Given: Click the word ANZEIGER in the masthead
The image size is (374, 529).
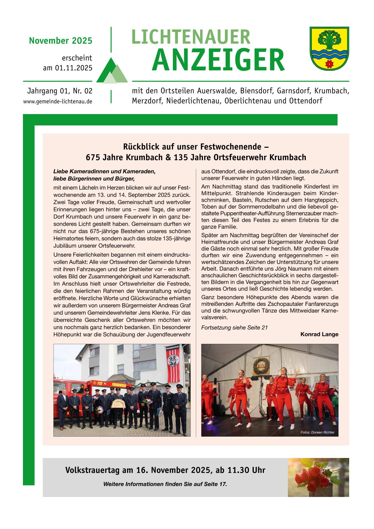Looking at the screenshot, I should tap(218, 61).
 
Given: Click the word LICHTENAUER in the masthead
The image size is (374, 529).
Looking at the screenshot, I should tap(191, 37).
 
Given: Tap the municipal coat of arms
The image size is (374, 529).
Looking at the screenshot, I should tap(329, 48).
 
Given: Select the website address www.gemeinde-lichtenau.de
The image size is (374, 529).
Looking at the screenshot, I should tap(58, 102).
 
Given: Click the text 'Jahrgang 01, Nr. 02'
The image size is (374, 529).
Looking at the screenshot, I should tap(60, 91).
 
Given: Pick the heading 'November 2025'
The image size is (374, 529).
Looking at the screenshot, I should tap(61, 41).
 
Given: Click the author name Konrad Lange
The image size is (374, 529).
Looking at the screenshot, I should tap(319, 334).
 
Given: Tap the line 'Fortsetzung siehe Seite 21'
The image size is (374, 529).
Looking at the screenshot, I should tap(234, 328).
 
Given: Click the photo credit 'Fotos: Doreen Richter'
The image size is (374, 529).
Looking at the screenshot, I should tap(317, 433).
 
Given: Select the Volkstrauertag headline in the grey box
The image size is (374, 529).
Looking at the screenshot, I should tap(165, 470).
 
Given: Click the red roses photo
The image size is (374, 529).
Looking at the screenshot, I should tap(318, 477).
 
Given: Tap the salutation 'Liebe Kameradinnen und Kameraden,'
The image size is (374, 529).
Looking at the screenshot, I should tap(104, 172).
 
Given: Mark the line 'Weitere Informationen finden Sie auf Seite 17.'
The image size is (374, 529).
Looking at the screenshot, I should tap(165, 484).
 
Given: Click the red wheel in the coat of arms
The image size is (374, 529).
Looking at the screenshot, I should tap(329, 64).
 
